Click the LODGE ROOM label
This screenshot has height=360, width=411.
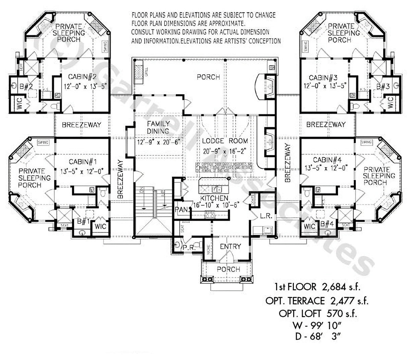(225, 141)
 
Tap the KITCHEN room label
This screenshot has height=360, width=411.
(214, 198)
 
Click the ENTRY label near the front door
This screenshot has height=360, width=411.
(230, 247)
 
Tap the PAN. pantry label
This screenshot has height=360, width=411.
(180, 209)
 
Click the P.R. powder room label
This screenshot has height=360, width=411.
(186, 247)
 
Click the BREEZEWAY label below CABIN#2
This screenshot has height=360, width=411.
(82, 125)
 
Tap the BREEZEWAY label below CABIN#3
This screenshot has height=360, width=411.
(326, 125)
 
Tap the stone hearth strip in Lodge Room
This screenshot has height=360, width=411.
(224, 167)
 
